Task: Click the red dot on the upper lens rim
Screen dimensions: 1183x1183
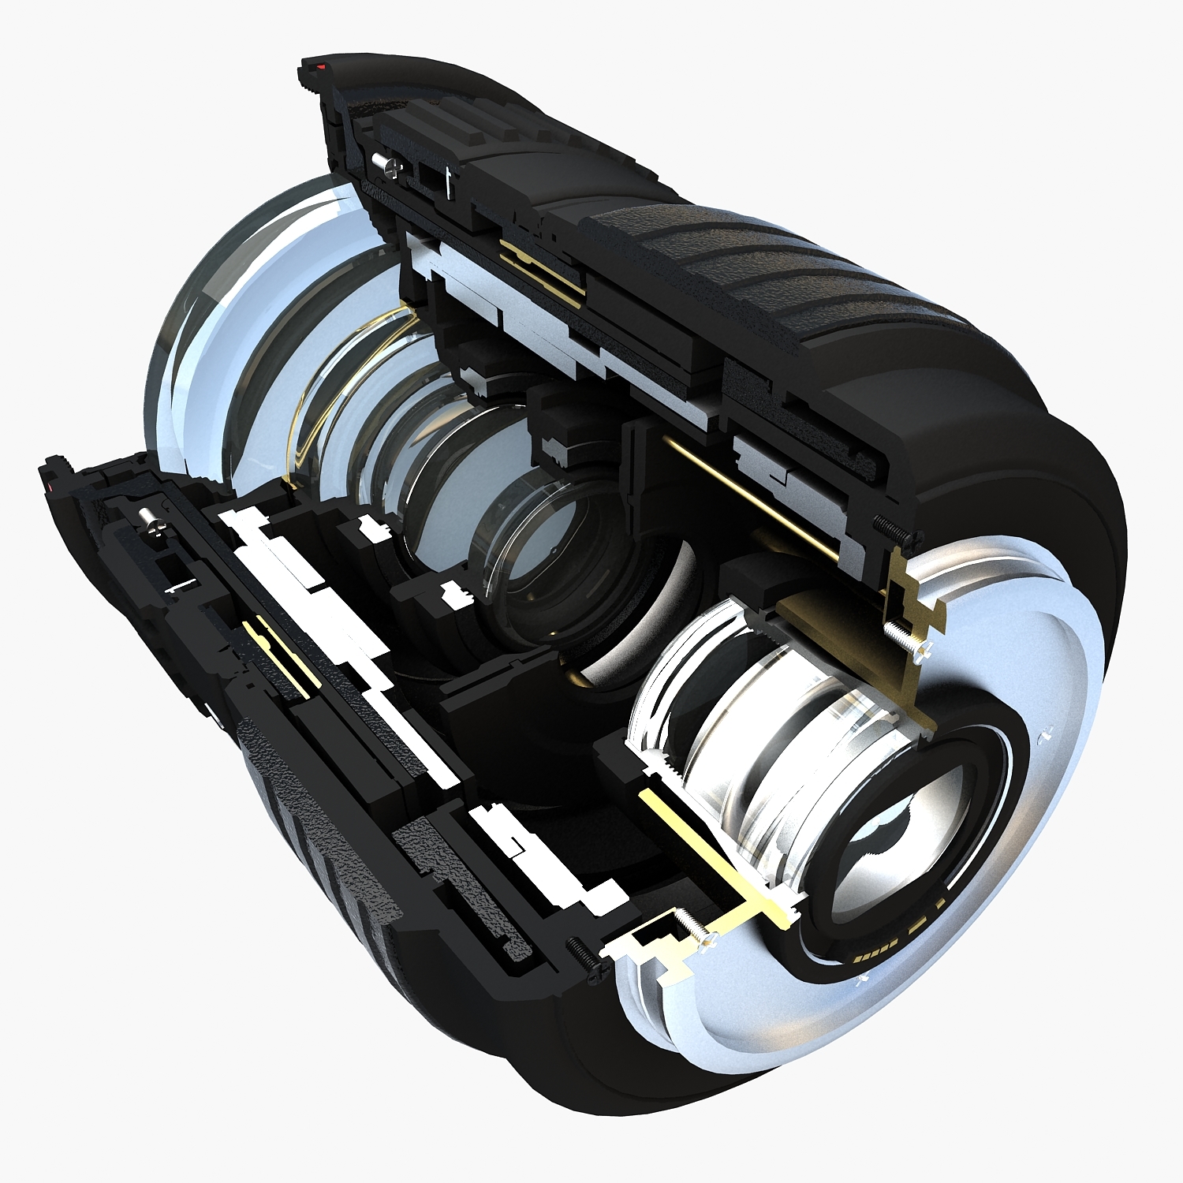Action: tap(320, 69)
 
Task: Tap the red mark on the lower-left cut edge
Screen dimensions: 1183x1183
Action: tap(51, 489)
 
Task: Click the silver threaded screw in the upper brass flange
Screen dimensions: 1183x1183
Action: tap(907, 639)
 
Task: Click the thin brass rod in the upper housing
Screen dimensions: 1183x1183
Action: tap(749, 497)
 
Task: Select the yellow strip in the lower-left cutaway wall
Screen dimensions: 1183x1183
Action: tap(276, 659)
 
